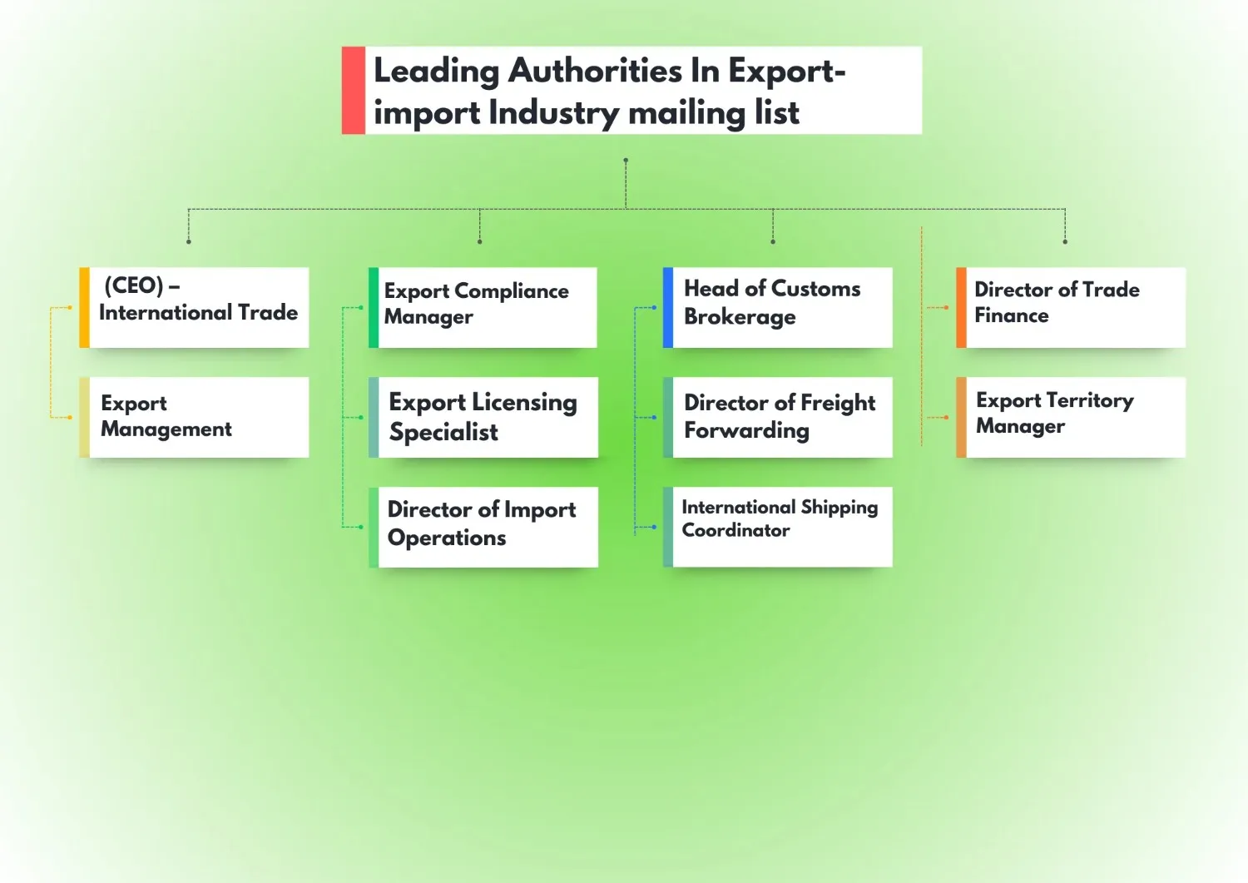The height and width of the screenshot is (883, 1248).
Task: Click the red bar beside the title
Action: coord(354,90)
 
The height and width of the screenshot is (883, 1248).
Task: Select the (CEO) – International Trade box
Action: coord(199,307)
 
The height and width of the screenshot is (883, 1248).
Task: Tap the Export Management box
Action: coord(199,417)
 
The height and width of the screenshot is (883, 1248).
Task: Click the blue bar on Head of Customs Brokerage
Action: coord(668,307)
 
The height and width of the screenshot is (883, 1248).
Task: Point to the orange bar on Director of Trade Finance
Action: coord(961,307)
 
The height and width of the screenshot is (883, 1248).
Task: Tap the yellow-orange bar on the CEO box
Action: coord(84,307)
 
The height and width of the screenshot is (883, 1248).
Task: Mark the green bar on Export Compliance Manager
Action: coord(374,307)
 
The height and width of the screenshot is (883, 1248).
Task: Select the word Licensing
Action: coord(524,403)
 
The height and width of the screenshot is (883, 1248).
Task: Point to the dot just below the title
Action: coord(626,160)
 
